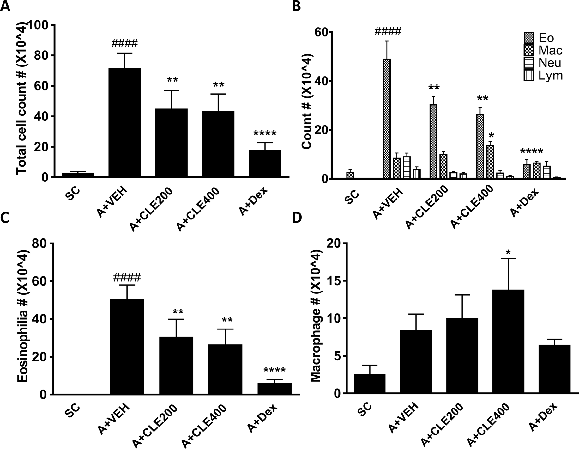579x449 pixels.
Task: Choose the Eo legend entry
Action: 546,38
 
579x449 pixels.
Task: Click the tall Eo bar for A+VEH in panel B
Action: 387,119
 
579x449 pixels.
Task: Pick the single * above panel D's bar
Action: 508,253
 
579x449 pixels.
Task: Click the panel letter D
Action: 297,218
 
